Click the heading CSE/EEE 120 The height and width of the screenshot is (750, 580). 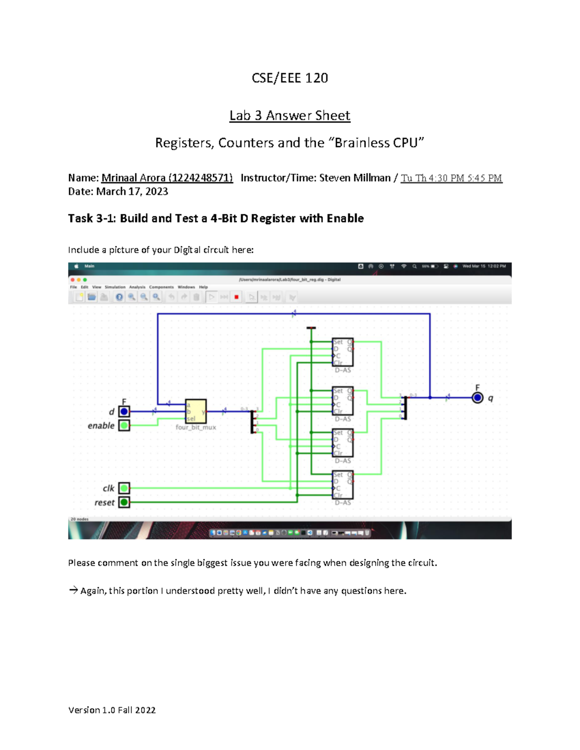coord(290,78)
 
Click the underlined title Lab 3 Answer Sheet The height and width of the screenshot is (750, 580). coord(290,115)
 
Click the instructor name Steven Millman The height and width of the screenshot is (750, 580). coord(355,178)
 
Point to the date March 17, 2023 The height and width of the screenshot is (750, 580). coord(132,191)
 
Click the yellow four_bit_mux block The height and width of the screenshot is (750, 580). coord(196,411)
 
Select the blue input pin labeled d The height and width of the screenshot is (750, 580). coord(124,411)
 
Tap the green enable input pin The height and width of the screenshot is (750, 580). coord(124,425)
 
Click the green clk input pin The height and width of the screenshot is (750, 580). coord(124,488)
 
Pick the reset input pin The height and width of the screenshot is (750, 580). coord(124,502)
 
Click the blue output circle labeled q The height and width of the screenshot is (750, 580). coord(478,397)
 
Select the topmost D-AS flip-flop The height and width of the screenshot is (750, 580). coord(343,352)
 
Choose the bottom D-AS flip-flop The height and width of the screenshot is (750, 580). coord(343,485)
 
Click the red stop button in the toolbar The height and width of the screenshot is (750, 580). coord(236,297)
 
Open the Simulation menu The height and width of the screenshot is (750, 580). coord(115,287)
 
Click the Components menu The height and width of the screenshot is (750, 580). coord(161,287)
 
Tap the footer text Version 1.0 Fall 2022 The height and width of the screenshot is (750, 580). coord(112,710)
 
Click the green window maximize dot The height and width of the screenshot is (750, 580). coord(85,280)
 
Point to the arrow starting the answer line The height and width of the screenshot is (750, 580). coord(73,590)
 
